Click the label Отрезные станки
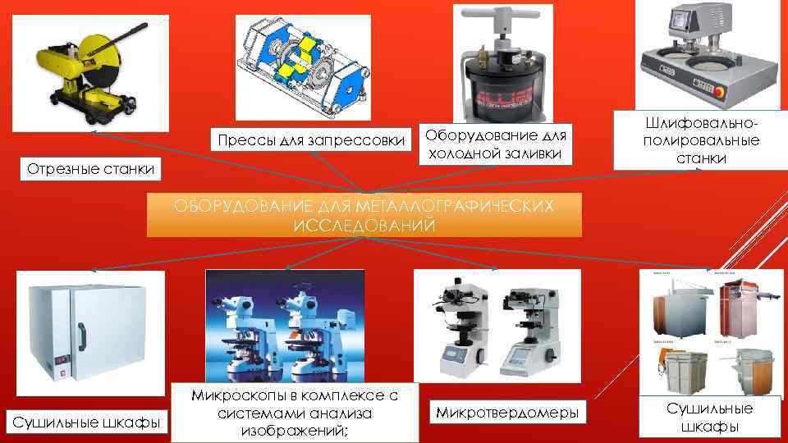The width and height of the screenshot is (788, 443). click(x=90, y=169)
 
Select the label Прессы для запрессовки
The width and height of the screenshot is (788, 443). click(x=311, y=140)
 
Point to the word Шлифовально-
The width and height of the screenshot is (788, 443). click(x=701, y=123)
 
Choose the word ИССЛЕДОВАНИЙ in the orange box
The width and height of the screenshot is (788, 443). click(x=364, y=225)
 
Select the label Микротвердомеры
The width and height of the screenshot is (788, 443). click(x=507, y=413)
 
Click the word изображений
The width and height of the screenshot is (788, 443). click(x=294, y=431)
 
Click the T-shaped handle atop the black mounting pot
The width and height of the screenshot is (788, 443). click(x=502, y=16)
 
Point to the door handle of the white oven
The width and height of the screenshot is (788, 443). click(x=81, y=336)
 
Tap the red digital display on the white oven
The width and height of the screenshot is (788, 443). click(x=62, y=360)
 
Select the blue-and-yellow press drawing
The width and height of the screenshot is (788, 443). click(x=304, y=67)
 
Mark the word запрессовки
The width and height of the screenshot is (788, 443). click(x=356, y=140)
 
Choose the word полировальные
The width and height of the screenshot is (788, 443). click(x=701, y=140)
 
